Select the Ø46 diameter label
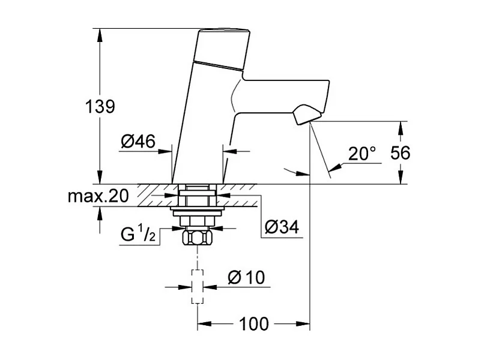point(138,142)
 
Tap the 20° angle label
point(362,154)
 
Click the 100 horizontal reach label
point(255,324)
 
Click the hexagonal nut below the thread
point(198,239)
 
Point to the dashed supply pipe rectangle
point(198,287)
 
